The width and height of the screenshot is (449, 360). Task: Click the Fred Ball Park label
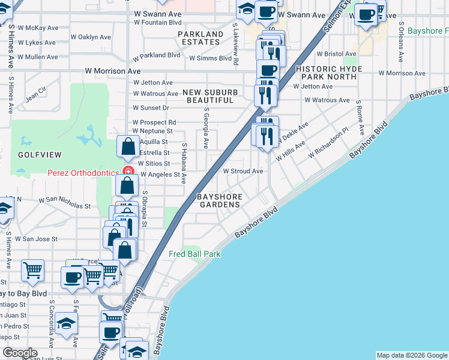[x=194, y=254]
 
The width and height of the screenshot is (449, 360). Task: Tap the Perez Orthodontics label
[x=83, y=173]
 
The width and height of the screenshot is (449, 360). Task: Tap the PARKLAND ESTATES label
[x=200, y=37]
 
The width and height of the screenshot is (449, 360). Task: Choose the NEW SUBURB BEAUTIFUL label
[x=210, y=96]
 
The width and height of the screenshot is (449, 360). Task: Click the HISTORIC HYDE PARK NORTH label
[x=329, y=73]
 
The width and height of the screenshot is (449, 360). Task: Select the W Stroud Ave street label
[x=243, y=171]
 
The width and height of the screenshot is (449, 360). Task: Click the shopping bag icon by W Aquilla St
[x=128, y=146]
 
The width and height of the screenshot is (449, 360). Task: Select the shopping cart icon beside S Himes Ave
[x=32, y=270]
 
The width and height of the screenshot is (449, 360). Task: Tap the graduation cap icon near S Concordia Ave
[x=67, y=325]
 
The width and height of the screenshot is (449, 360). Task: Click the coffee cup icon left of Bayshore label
[x=365, y=14]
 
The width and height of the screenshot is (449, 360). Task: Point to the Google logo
[x=20, y=353]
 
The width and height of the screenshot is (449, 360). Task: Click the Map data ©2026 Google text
[x=412, y=355]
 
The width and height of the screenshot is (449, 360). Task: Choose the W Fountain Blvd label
[x=157, y=22]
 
